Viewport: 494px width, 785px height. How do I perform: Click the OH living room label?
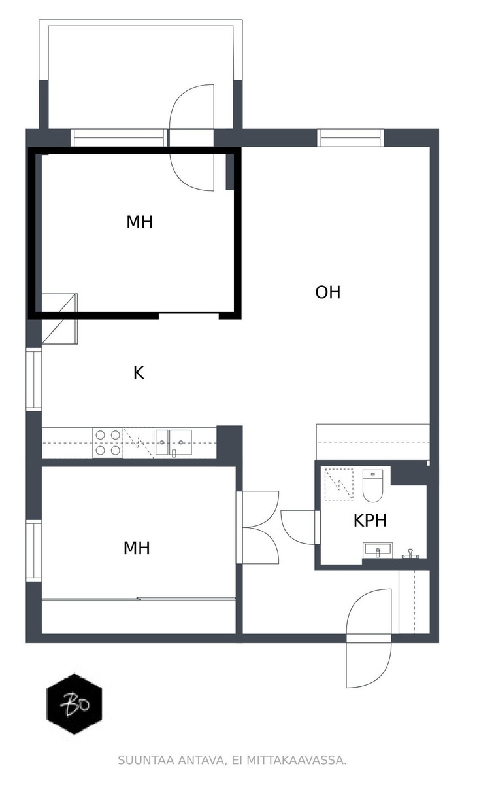tap(327, 292)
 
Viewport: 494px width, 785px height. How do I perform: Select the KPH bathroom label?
tap(370, 521)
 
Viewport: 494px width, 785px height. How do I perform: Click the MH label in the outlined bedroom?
tap(140, 222)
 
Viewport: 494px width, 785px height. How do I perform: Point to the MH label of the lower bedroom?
tap(137, 548)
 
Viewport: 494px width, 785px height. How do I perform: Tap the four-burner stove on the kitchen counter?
tap(108, 443)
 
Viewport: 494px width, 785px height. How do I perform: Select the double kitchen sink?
tap(174, 443)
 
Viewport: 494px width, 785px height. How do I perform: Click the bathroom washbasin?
tap(378, 551)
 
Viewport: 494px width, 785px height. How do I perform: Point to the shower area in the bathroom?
tap(338, 484)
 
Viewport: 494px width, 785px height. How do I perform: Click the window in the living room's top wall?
tap(350, 138)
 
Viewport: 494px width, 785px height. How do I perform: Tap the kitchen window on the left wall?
tap(34, 379)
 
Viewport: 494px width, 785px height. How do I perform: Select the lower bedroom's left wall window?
tap(34, 550)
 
